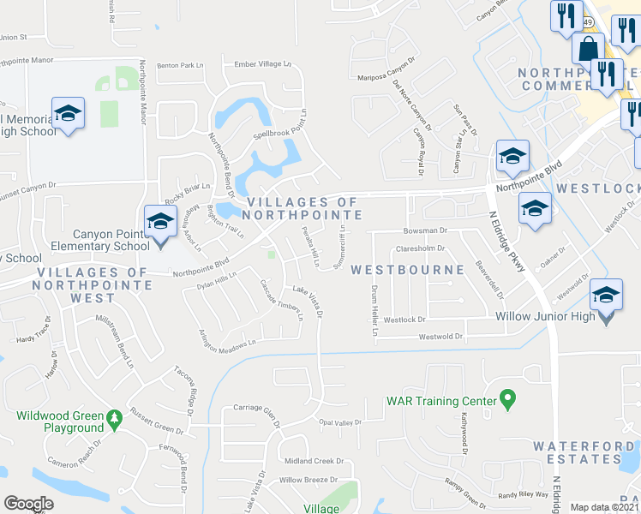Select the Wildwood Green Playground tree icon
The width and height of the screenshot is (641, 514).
(x=113, y=419)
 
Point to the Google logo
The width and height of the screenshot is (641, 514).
(x=28, y=504)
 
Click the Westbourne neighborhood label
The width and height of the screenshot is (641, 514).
(x=407, y=269)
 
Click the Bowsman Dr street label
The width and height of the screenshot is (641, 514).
(x=427, y=230)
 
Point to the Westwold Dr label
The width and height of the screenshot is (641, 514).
(x=440, y=337)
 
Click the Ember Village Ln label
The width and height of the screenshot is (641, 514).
(x=263, y=64)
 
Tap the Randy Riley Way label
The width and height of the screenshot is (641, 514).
(x=523, y=495)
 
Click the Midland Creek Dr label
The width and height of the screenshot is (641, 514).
(x=315, y=461)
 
